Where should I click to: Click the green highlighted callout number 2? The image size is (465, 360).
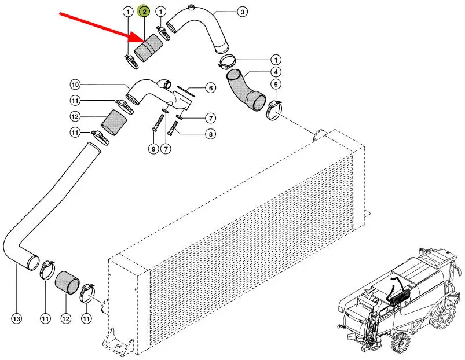click(144, 12)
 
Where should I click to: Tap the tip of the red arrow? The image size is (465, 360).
click(144, 42)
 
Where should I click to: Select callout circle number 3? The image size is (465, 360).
click(243, 12)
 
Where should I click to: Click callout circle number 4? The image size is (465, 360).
click(276, 72)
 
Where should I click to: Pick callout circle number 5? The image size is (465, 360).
click(276, 85)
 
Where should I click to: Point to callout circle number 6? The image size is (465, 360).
click(211, 88)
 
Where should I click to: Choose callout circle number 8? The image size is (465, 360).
click(211, 134)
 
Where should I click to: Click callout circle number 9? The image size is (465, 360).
click(153, 149)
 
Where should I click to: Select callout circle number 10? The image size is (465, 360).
click(75, 85)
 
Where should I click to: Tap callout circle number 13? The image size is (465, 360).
click(17, 319)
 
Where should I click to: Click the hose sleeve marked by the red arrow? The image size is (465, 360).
click(149, 48)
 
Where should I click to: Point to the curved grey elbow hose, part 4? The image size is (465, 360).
click(246, 89)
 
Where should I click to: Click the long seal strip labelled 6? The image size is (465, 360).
click(185, 91)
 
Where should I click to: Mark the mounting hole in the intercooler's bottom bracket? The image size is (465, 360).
click(118, 346)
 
